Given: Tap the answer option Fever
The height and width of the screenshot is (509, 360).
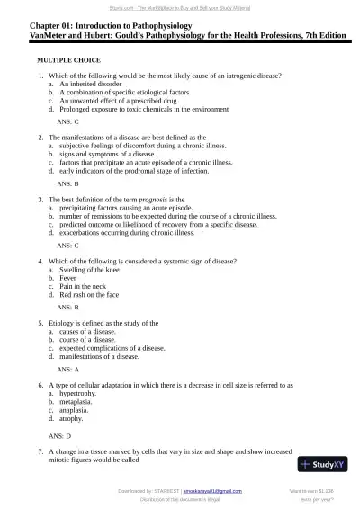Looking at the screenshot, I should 68,278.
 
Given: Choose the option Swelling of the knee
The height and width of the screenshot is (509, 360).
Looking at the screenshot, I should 88,269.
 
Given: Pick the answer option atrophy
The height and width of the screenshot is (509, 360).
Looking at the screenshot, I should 72,418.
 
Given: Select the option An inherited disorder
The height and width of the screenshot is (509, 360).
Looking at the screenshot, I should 91,84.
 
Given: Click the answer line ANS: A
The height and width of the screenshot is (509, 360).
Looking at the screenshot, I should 68,369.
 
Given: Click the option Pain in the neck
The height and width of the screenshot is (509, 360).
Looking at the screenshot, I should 83,286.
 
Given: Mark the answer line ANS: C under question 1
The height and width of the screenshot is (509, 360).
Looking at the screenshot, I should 68,120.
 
